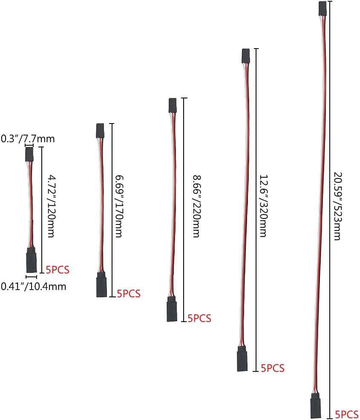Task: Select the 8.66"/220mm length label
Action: pos(196,206)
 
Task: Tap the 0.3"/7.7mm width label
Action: pos(28,138)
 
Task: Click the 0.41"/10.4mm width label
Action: pos(34,286)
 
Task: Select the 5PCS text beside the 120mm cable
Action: pos(57,269)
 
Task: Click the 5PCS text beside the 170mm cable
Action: pos(128,293)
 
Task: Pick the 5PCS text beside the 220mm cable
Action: pos(199,318)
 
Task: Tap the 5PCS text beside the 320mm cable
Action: pos(273,368)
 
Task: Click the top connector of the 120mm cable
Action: pos(29,154)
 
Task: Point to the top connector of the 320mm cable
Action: pos(245,56)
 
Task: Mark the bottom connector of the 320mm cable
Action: pos(242,361)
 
